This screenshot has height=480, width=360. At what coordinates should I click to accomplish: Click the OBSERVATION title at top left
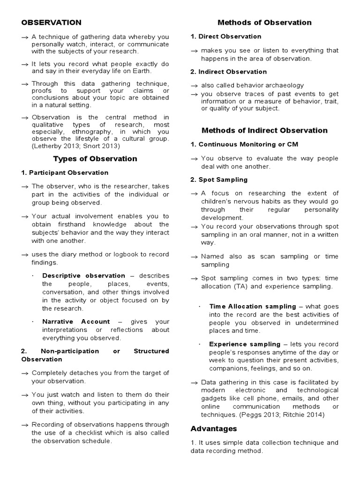(51, 22)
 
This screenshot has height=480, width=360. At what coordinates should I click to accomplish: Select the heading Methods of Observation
(264, 22)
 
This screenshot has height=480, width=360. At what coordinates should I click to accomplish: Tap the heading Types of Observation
(95, 158)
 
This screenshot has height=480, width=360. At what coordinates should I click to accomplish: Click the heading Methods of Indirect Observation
(264, 130)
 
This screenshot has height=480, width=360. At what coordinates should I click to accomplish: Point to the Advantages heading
(214, 428)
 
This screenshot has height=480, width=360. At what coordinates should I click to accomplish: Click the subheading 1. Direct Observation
(226, 37)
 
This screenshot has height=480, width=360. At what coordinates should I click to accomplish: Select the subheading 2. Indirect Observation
(228, 72)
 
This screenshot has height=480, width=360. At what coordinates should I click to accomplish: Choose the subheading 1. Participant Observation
(65, 172)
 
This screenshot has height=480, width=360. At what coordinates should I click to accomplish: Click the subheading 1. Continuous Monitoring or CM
(244, 144)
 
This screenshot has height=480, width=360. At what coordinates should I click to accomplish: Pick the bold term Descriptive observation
(83, 276)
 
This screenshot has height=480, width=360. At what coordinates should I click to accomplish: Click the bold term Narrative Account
(76, 322)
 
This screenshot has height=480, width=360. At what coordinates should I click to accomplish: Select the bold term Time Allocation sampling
(253, 306)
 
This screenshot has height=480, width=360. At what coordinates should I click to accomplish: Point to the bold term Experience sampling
(245, 344)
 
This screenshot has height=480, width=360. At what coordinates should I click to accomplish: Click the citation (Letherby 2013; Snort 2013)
(74, 147)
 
